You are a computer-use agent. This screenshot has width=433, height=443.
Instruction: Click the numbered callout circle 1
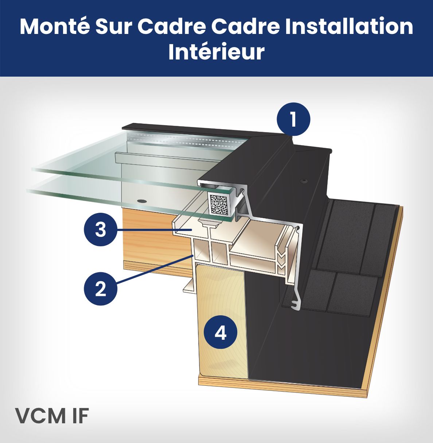pos(293,119)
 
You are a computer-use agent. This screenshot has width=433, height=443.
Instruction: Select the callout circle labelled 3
pos(101,230)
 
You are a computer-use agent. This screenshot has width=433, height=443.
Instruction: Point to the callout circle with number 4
pos(221,332)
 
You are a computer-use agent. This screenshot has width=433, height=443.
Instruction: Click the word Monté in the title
pos(54,26)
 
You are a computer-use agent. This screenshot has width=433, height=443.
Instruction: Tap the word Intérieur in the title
pos(216,52)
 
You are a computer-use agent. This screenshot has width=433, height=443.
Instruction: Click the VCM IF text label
pos(52,416)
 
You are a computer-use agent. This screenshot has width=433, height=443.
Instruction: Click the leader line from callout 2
pos(153,271)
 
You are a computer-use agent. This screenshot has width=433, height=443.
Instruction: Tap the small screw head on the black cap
pos(303,181)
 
